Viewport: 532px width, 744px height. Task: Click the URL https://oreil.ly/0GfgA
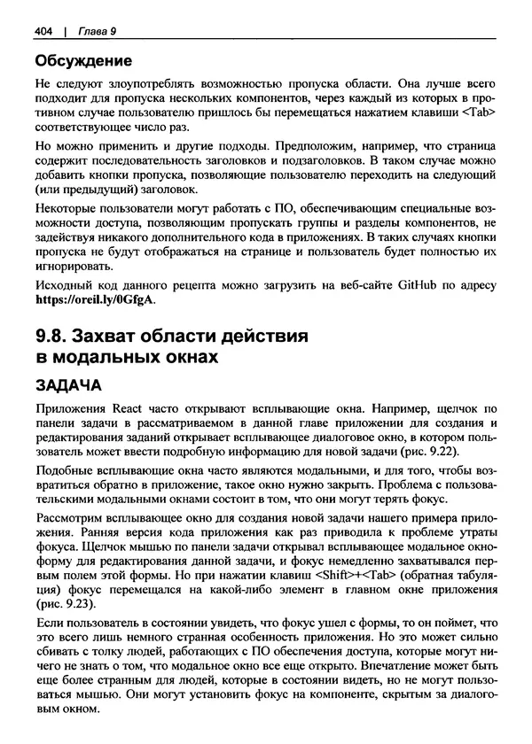click(x=94, y=299)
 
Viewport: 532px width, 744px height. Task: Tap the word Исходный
click(x=61, y=285)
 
